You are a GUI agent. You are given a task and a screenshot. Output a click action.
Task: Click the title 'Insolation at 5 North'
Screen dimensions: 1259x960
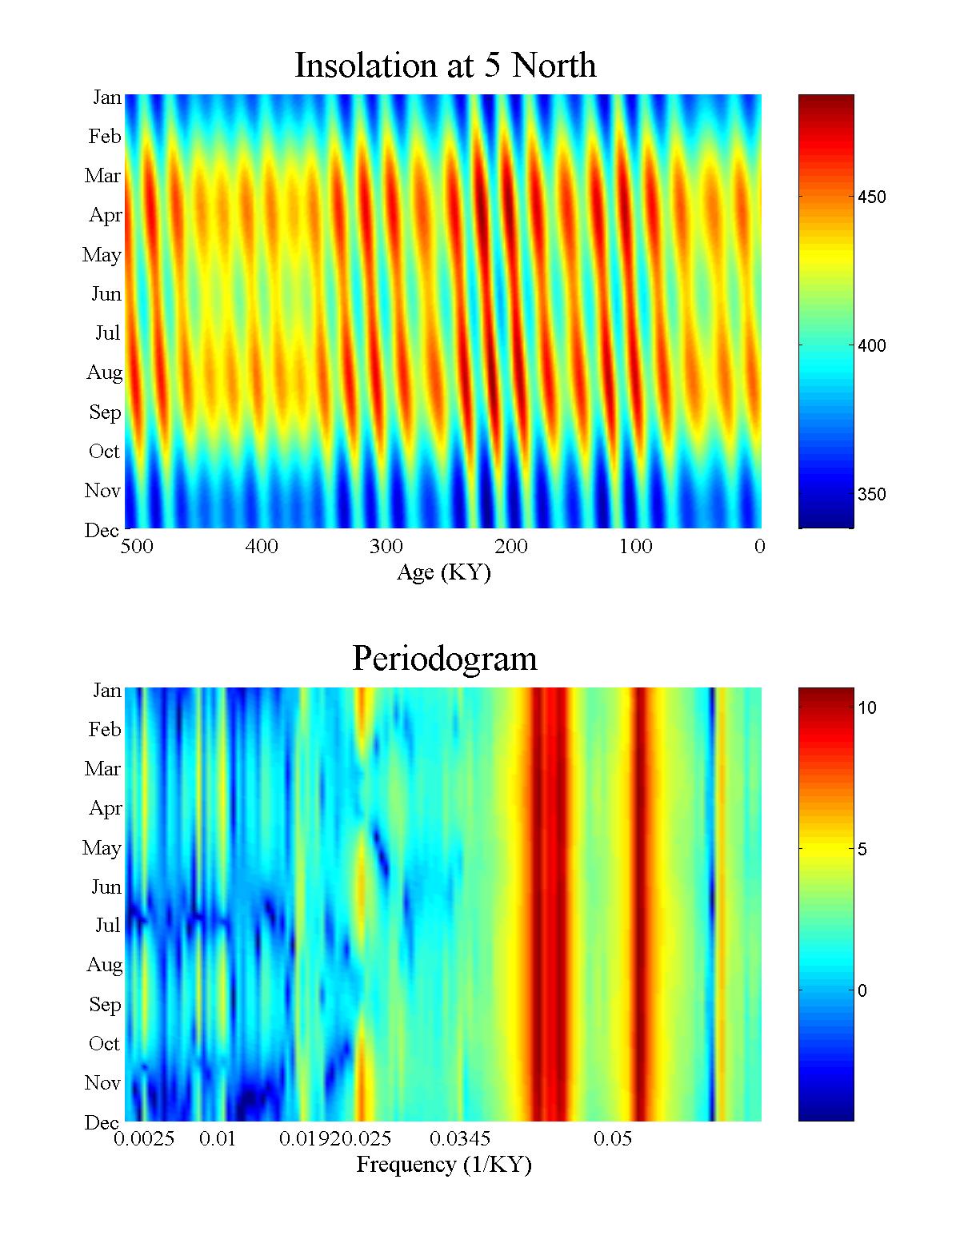point(445,66)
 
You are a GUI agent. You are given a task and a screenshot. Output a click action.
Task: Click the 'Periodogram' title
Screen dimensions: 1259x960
point(444,659)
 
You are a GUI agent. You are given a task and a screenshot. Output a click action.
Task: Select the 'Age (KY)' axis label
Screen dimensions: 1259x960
point(443,572)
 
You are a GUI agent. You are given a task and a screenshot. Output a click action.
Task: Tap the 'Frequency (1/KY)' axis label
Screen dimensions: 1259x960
point(443,1165)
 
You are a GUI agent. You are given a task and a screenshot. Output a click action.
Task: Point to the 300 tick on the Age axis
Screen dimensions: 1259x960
point(386,547)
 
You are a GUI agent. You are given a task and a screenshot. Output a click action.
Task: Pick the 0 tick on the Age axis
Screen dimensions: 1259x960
point(759,547)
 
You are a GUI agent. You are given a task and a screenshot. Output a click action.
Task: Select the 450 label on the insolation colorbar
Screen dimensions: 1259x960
point(871,197)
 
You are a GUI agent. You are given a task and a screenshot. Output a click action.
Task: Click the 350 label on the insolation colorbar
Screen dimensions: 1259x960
point(871,495)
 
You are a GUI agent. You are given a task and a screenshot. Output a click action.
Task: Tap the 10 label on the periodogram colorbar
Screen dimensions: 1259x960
point(867,708)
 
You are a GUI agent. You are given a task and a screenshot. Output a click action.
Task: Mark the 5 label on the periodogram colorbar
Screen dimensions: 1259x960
point(862,850)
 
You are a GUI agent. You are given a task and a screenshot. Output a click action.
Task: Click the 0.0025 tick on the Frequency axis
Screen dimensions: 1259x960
point(144,1139)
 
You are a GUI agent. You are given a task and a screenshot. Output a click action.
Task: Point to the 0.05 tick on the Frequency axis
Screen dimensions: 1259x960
point(613,1139)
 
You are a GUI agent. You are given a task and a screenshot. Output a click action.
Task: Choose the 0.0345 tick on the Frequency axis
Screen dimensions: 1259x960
point(460,1139)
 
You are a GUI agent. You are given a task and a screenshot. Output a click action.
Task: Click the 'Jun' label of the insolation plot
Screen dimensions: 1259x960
point(106,294)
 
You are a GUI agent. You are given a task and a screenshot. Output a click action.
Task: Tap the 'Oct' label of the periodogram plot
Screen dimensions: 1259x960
point(104,1044)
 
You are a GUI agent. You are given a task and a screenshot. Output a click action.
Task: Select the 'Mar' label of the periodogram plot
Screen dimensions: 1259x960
point(102,769)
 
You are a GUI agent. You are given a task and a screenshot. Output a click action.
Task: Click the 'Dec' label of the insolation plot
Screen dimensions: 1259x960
point(102,531)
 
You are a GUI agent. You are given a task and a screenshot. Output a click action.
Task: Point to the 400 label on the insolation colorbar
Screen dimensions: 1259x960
point(871,346)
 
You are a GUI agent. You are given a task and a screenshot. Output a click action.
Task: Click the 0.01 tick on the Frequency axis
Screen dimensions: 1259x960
point(218,1139)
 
